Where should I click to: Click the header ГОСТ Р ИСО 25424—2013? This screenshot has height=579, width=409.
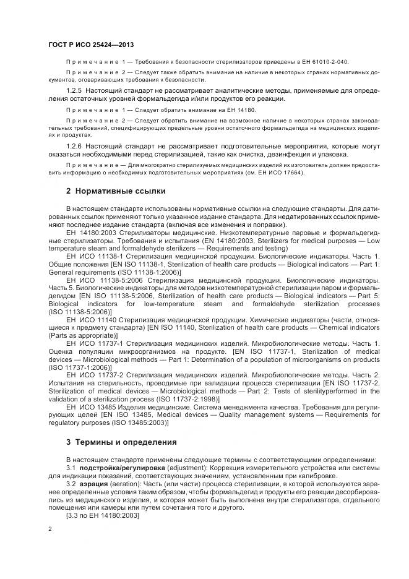91,45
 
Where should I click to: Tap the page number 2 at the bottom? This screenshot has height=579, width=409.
50,530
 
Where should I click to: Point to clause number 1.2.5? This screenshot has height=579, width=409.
74,91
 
